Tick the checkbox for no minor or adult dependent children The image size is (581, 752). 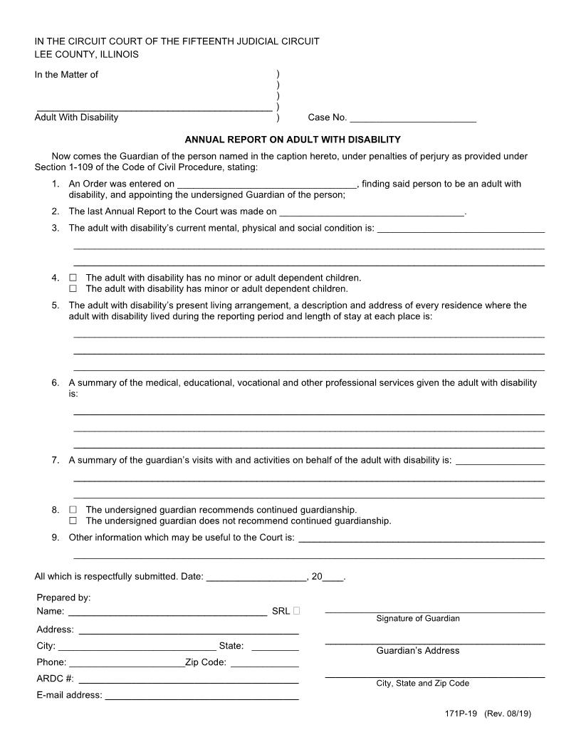pyautogui.click(x=73, y=278)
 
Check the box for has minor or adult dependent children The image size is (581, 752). pyautogui.click(x=73, y=289)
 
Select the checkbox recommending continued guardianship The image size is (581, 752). pyautogui.click(x=73, y=510)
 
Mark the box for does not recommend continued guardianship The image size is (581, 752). pyautogui.click(x=73, y=521)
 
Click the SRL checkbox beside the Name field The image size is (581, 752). pyautogui.click(x=296, y=611)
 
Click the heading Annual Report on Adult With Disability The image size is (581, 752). pyautogui.click(x=293, y=140)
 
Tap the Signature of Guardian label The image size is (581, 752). pyautogui.click(x=418, y=619)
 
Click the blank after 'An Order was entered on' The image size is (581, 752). pyautogui.click(x=266, y=184)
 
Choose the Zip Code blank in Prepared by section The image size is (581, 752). pyautogui.click(x=264, y=662)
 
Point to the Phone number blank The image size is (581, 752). pyautogui.click(x=126, y=662)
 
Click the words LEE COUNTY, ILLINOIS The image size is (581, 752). pyautogui.click(x=87, y=54)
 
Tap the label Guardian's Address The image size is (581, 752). pyautogui.click(x=418, y=651)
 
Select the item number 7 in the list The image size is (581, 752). pyautogui.click(x=56, y=460)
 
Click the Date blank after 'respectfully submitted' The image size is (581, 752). pyautogui.click(x=256, y=577)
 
